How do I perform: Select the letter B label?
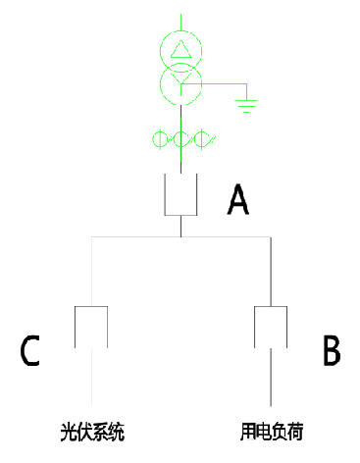coord(332,349)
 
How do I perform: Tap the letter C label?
coord(29,350)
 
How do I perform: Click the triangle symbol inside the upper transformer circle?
coord(180,49)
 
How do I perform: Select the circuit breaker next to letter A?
coord(180,193)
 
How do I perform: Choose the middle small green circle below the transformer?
coord(180,138)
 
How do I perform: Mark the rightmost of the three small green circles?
coord(202,138)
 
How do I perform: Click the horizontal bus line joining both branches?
coord(137,236)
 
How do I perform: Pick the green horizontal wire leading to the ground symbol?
coord(224,85)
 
